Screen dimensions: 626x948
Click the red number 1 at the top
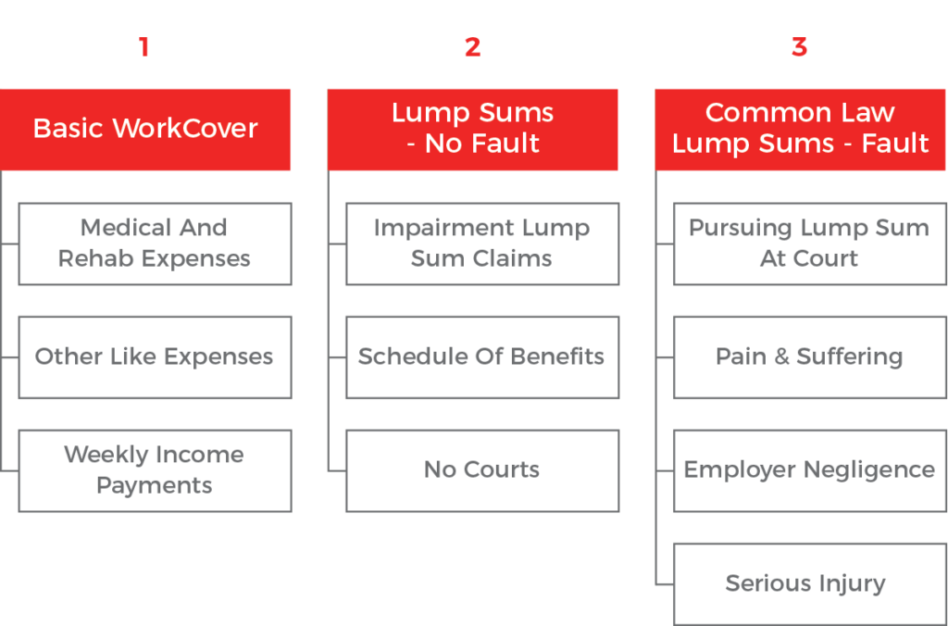tap(143, 46)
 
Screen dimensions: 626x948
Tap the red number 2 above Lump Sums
tap(472, 46)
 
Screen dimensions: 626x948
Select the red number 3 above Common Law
tap(799, 46)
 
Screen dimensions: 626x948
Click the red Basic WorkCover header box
tap(145, 129)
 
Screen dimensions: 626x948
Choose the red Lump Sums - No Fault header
tap(472, 129)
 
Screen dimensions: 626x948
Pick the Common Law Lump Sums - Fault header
tap(801, 129)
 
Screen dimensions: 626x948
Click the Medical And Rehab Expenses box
tap(155, 244)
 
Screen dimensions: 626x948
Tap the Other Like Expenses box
tap(155, 357)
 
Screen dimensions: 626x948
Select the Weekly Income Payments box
tap(155, 470)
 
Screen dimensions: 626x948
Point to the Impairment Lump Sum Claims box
tap(481, 244)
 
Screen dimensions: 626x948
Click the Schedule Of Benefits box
tap(481, 357)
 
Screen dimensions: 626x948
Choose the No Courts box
tap(481, 470)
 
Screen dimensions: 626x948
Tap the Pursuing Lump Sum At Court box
tap(809, 244)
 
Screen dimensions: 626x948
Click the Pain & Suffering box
tap(809, 357)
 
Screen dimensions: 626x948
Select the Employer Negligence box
tap(809, 470)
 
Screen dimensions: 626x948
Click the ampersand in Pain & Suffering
tap(781, 357)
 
